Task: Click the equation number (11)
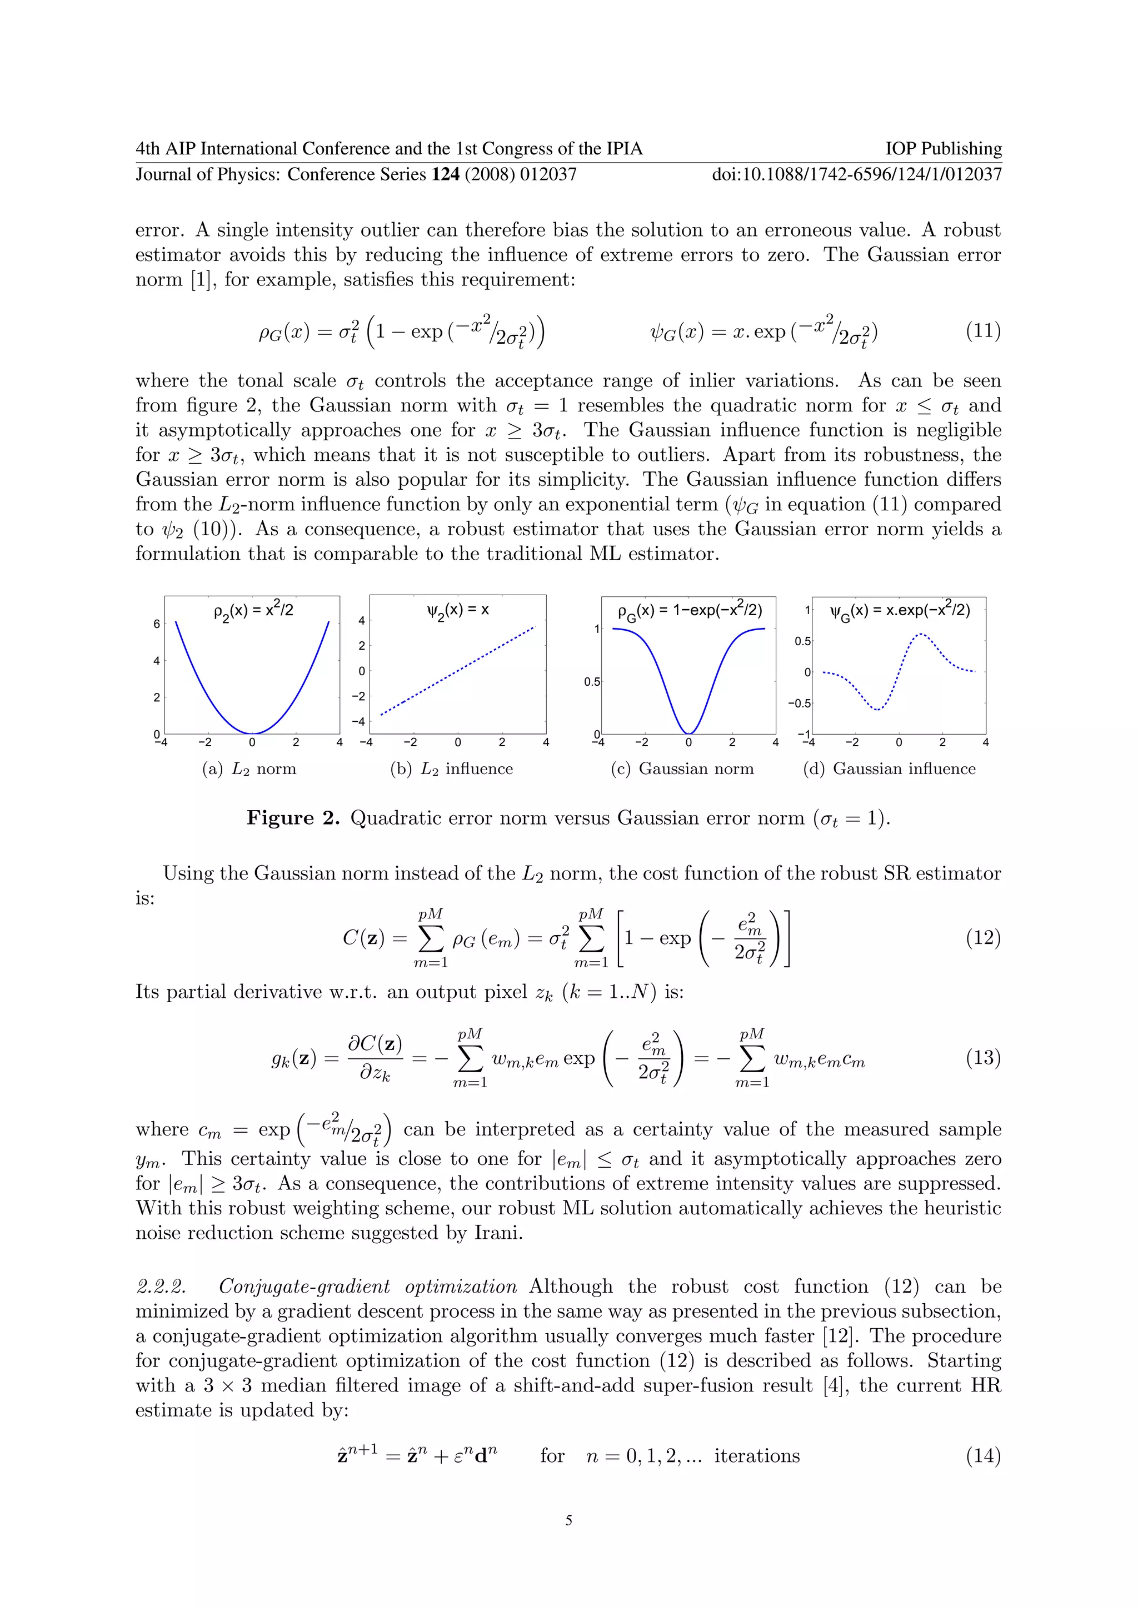982,330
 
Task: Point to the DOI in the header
856,174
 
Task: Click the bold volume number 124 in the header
445,174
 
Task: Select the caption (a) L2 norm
249,769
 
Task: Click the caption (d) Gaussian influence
889,769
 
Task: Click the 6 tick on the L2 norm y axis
156,624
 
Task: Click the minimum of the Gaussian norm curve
689,733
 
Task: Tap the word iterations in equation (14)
756,1456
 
